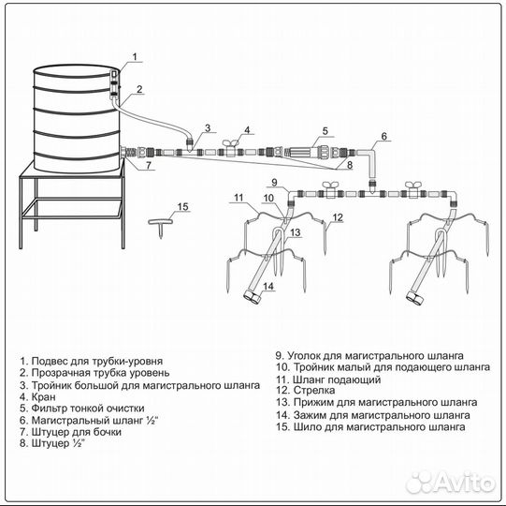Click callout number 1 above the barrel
coord(135,56)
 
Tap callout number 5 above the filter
coord(325,131)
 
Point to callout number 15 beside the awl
coord(183,206)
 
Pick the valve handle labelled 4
coord(230,143)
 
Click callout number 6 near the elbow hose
coord(383,136)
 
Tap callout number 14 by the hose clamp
coord(268,286)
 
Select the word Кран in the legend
coord(44,396)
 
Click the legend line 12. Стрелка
coord(305,390)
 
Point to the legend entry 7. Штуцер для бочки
coord(70,432)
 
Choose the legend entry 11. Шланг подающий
coord(328,379)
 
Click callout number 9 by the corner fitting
coord(274,182)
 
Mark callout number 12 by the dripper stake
coord(338,217)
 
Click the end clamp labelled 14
coord(253,297)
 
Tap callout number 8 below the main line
coord(350,165)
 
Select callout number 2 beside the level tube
coord(139,89)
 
